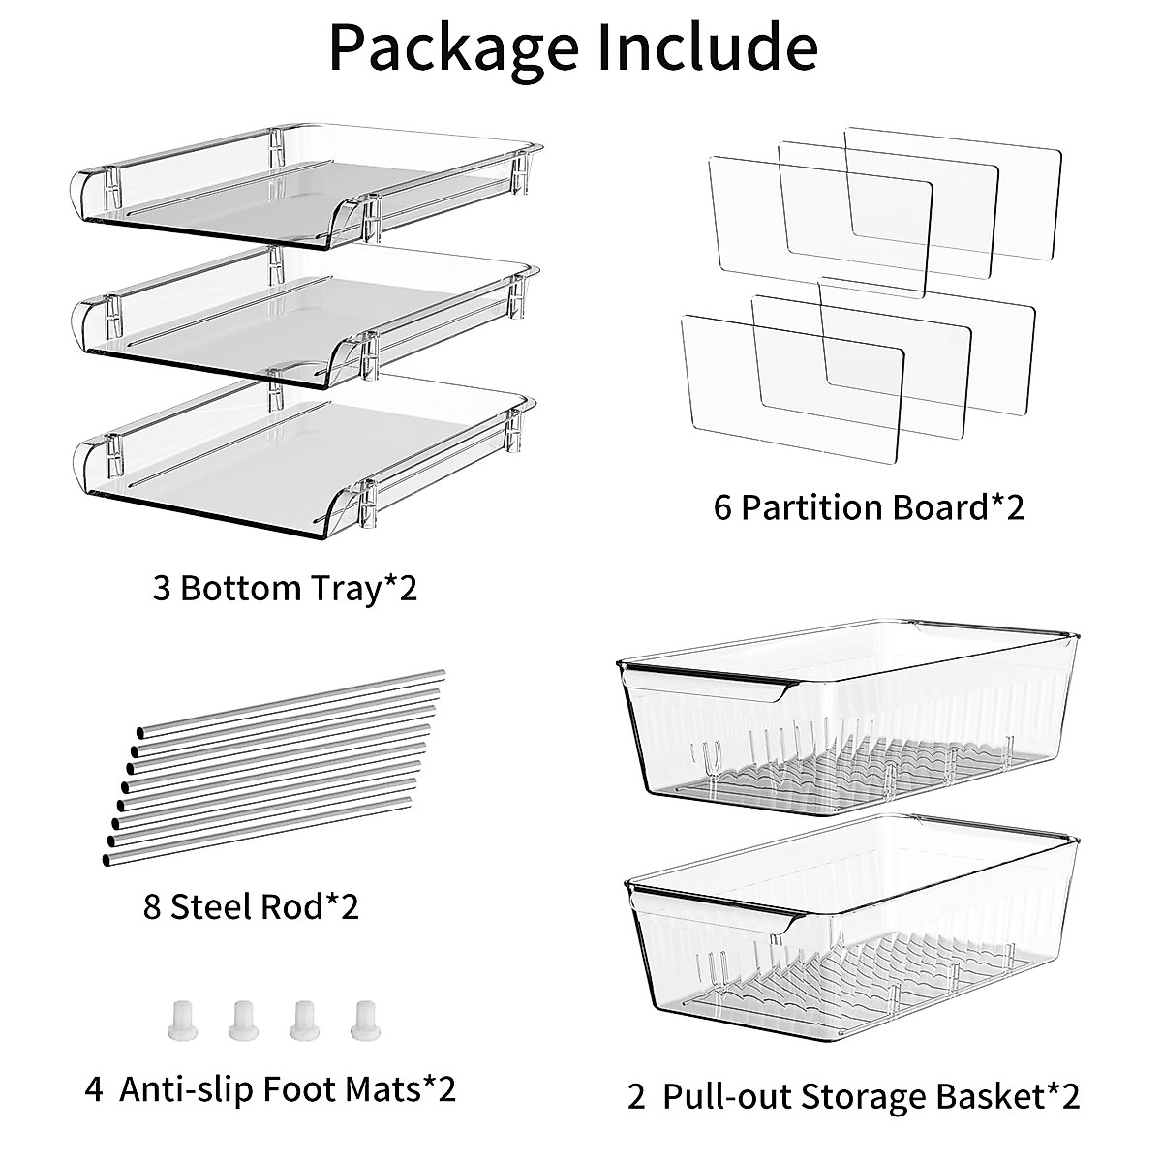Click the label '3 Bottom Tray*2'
click(x=285, y=587)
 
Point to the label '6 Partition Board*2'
click(x=869, y=507)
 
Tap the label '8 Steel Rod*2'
click(x=251, y=907)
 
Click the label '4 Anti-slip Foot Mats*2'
click(x=270, y=1089)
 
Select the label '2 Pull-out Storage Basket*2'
click(x=853, y=1097)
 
